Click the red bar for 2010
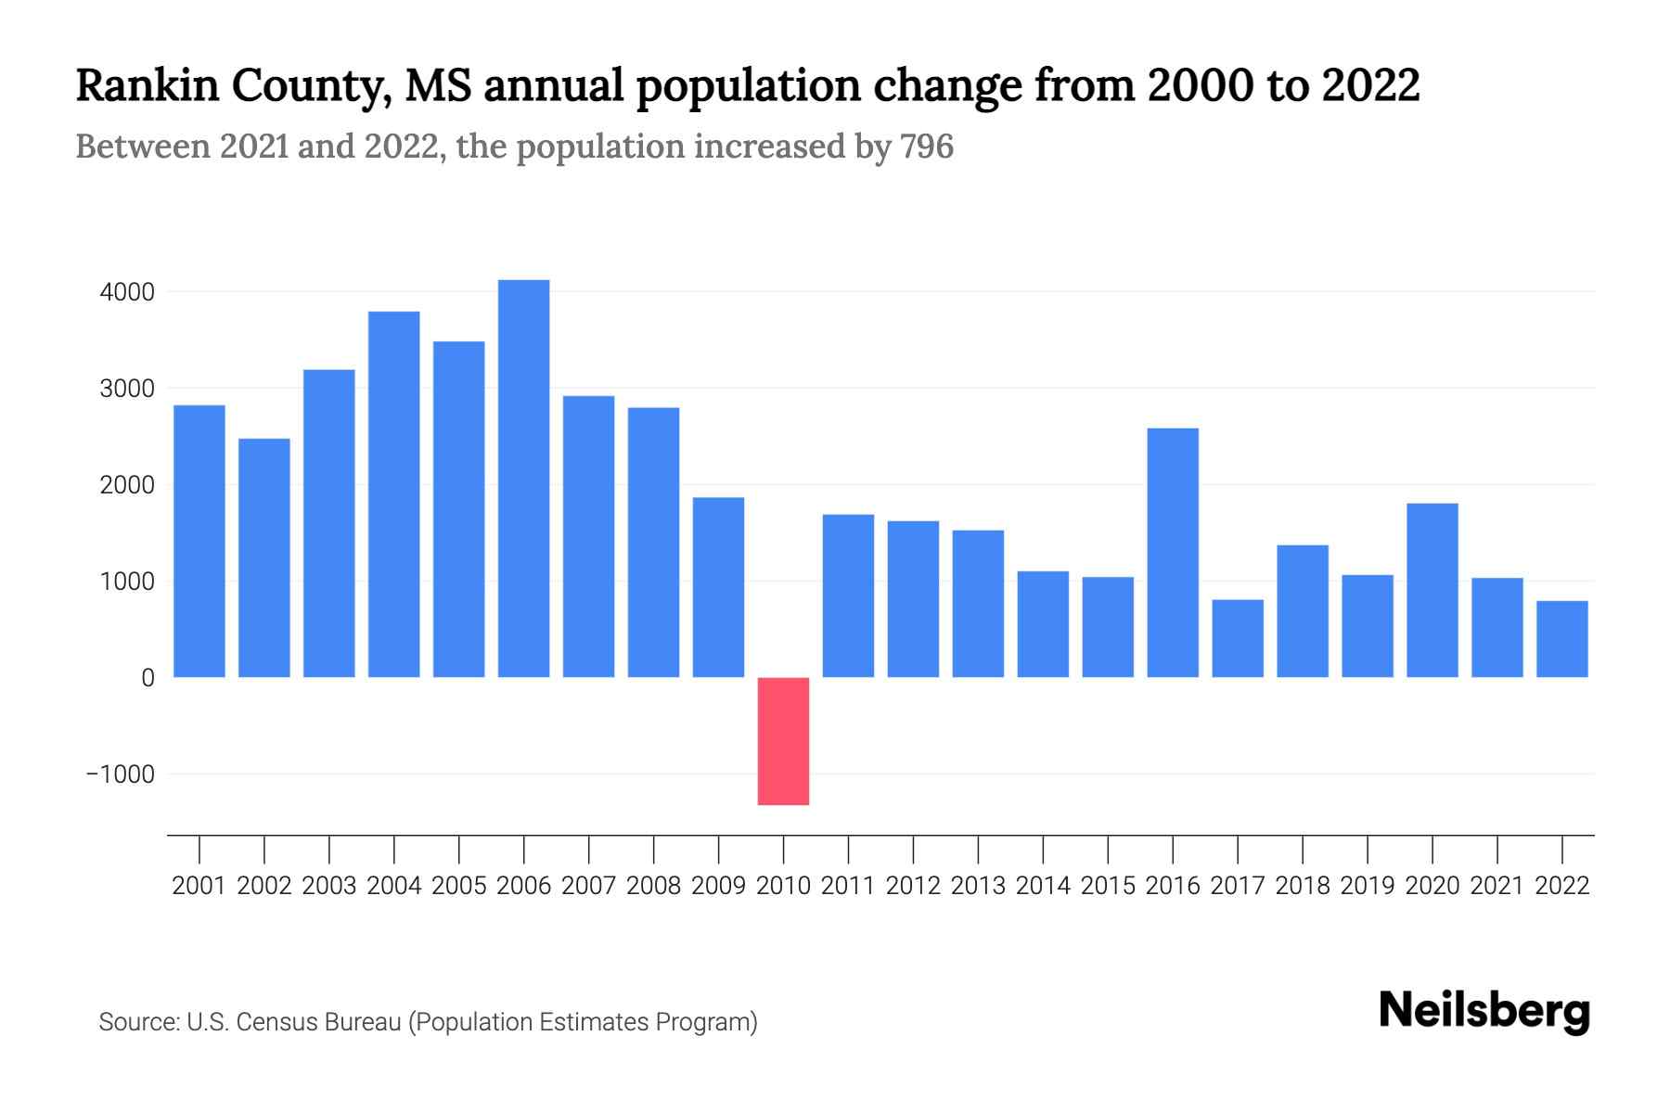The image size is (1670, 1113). pyautogui.click(x=783, y=741)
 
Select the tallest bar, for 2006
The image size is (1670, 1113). pyautogui.click(x=523, y=479)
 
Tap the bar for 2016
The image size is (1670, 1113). pyautogui.click(x=1173, y=553)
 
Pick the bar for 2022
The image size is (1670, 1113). pyautogui.click(x=1562, y=639)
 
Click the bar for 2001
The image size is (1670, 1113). pyautogui.click(x=199, y=542)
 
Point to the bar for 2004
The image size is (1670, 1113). pyautogui.click(x=394, y=494)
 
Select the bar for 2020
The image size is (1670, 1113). pyautogui.click(x=1432, y=590)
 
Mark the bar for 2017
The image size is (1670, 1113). pyautogui.click(x=1238, y=638)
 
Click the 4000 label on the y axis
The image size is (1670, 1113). pyautogui.click(x=127, y=292)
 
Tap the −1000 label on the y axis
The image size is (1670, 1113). pyautogui.click(x=121, y=774)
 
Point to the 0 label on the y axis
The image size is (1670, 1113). pyautogui.click(x=148, y=678)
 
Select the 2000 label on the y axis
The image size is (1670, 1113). pyautogui.click(x=127, y=485)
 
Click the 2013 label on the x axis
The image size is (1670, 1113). pyautogui.click(x=978, y=886)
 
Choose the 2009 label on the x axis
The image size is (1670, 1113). pyautogui.click(x=718, y=886)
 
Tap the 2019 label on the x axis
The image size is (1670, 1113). pyautogui.click(x=1368, y=886)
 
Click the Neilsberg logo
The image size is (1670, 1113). pyautogui.click(x=1484, y=1011)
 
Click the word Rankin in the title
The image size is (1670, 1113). pyautogui.click(x=147, y=85)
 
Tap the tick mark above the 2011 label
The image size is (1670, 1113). pyautogui.click(x=848, y=849)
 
